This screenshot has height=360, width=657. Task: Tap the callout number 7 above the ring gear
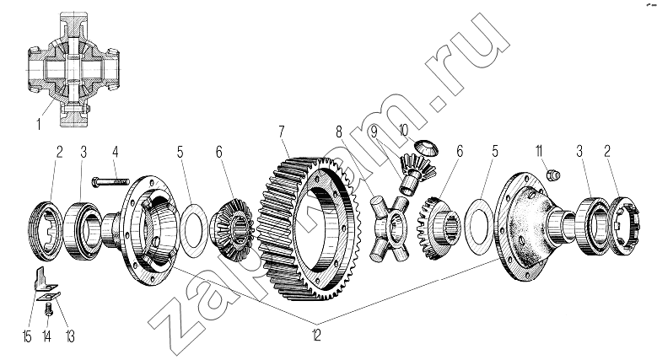(283, 132)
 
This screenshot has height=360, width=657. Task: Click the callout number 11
(537, 152)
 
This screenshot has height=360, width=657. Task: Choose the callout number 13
(70, 338)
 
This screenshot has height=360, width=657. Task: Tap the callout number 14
(48, 338)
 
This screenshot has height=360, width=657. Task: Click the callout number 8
(339, 132)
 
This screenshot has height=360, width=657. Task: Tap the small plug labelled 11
(554, 175)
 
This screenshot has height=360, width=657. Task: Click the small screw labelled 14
(48, 311)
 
